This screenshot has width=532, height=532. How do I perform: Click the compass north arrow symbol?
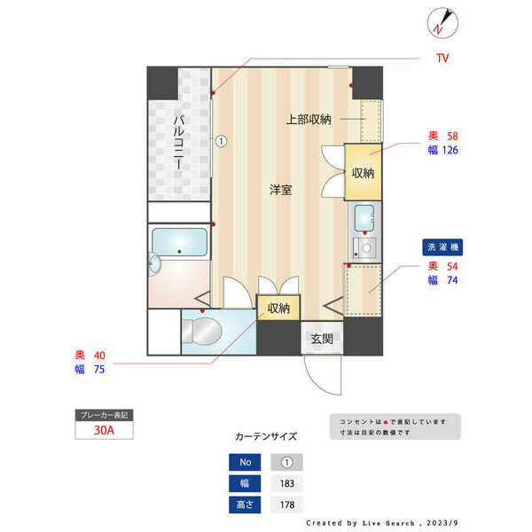click(x=442, y=22)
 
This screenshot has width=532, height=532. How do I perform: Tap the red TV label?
click(x=442, y=59)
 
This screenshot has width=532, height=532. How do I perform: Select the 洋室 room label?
click(x=282, y=190)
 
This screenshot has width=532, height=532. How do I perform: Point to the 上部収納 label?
click(x=309, y=120)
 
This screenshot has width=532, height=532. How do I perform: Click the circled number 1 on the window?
click(x=221, y=140)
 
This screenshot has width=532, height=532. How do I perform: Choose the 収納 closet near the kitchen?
click(x=363, y=172)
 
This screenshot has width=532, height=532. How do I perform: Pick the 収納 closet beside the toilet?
click(x=278, y=309)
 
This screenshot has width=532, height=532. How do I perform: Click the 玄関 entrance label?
click(x=322, y=337)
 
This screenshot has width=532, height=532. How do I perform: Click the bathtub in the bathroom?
click(x=180, y=243)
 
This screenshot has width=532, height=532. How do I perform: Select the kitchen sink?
click(x=364, y=216)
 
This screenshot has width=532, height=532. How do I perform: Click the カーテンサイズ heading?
click(x=266, y=437)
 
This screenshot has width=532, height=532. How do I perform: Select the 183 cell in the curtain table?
click(x=286, y=483)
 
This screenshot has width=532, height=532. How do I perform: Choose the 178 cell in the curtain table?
click(x=286, y=505)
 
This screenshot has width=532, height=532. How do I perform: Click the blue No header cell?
click(x=245, y=462)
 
